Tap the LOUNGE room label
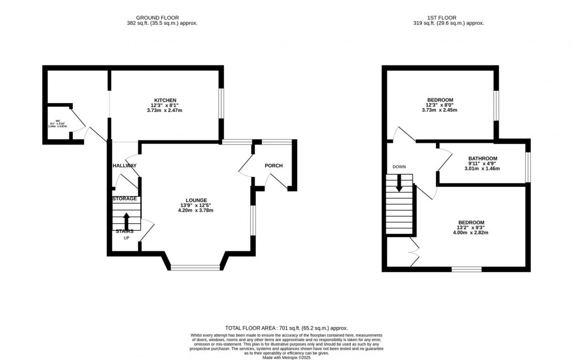pos(196,200)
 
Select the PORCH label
pos(274,166)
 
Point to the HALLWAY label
pos(124,166)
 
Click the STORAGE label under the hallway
pos(124,199)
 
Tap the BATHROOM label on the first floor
pos(482,158)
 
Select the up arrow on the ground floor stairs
pos(126,219)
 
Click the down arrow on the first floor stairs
pos(399,183)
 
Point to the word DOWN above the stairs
pos(399,167)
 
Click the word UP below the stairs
pos(126,238)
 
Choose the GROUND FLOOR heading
pos(162,17)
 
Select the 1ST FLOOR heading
pos(448,17)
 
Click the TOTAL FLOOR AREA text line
pos(286,328)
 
